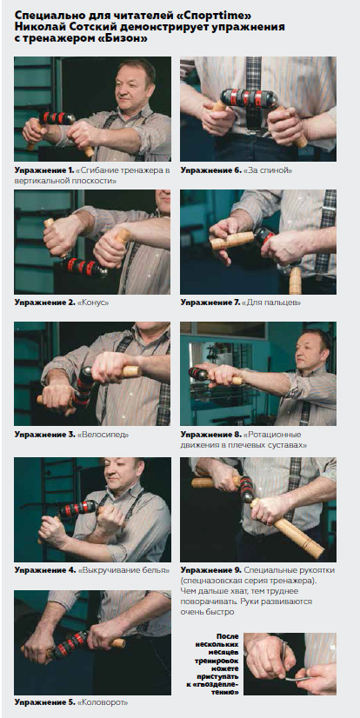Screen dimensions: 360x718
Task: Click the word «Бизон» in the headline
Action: [x=125, y=39]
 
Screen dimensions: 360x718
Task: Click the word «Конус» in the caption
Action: [x=92, y=302]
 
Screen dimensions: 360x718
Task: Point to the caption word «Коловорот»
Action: [x=103, y=701]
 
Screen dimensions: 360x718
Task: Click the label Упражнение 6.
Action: [x=210, y=170]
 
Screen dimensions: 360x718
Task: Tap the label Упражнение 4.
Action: [x=44, y=570]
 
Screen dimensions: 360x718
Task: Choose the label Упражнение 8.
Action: [x=210, y=435]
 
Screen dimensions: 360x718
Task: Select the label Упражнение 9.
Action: [x=210, y=570]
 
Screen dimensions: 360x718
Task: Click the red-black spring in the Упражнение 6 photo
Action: [x=248, y=98]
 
